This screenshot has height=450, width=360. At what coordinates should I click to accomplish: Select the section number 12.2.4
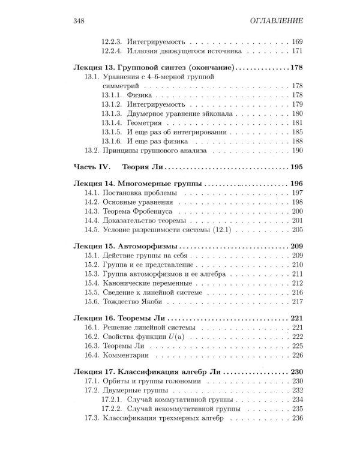112,50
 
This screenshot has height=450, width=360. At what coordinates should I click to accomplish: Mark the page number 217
296,292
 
